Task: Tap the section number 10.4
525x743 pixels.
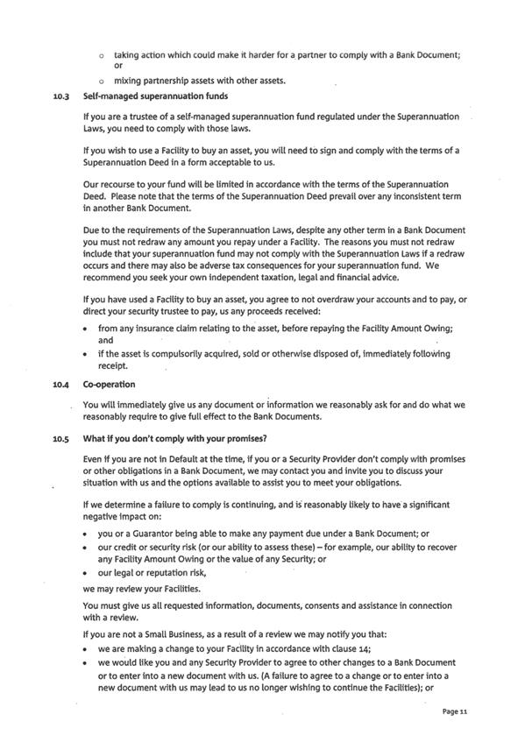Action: point(61,385)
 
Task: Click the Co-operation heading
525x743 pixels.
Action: point(109,385)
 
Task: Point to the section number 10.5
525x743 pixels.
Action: point(61,438)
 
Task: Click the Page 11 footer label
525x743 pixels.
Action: point(456,713)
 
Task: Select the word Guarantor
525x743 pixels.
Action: point(158,534)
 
